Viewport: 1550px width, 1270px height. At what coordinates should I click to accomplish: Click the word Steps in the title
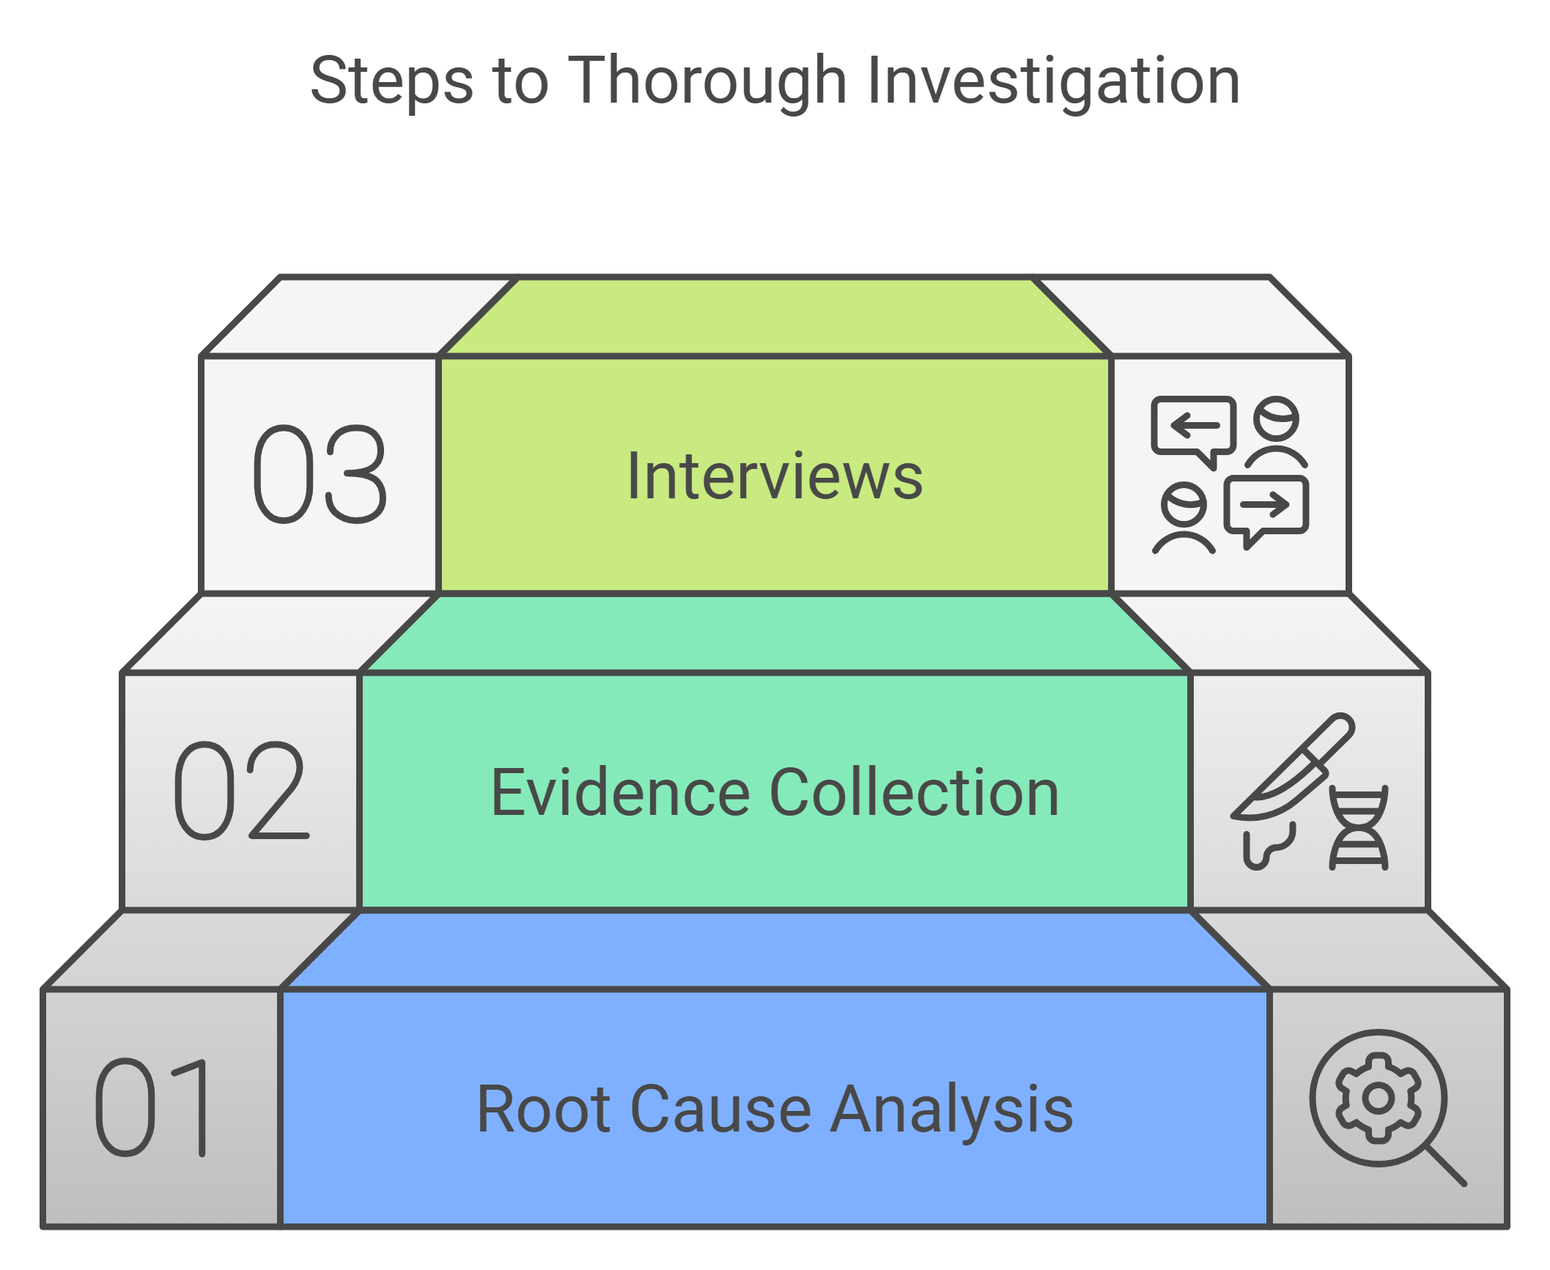391,81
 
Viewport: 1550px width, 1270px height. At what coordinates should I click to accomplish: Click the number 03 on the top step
320,474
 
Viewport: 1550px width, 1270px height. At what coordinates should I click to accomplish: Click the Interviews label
775,476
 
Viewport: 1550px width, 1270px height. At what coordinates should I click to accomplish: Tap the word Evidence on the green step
620,793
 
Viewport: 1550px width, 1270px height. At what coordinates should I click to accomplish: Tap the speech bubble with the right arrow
1266,506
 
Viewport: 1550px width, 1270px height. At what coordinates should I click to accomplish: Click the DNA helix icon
1359,829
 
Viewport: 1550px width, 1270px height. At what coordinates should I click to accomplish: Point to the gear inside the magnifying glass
1379,1098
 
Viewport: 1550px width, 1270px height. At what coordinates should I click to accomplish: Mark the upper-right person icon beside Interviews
1276,432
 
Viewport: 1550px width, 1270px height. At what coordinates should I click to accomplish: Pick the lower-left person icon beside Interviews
1184,517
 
